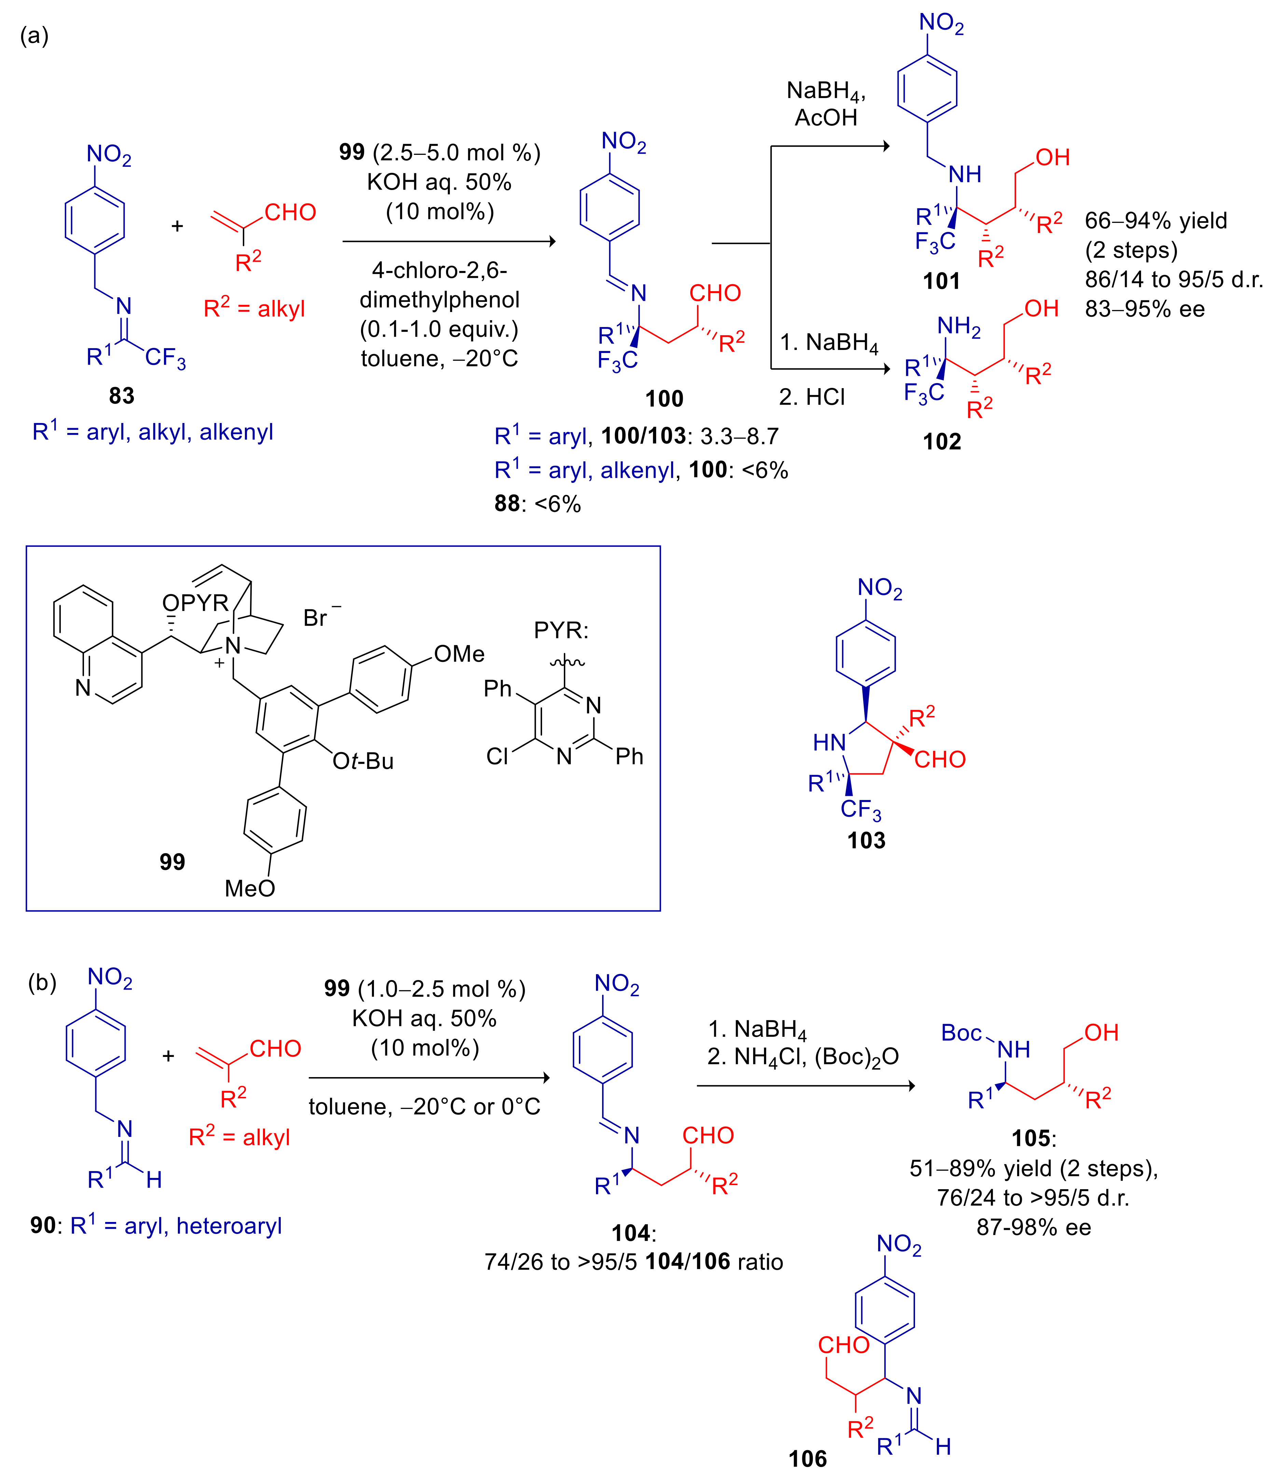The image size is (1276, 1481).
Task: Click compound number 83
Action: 122,395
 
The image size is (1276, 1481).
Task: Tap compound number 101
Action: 942,281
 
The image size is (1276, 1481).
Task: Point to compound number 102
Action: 942,441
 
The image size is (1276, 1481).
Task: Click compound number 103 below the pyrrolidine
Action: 866,840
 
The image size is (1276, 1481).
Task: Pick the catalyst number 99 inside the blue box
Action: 172,861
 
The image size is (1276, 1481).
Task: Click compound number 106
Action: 807,1458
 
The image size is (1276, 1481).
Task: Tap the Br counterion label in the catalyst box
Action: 316,617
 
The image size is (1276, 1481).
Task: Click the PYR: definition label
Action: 561,630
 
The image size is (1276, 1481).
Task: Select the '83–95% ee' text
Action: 1145,309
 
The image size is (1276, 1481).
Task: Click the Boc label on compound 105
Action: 961,1033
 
